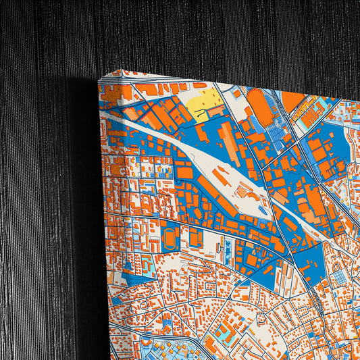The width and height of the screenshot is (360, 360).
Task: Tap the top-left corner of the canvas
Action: pos(99,80)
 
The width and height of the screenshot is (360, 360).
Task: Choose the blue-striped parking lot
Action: pos(276,134)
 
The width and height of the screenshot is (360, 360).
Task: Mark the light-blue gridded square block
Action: pos(341,277)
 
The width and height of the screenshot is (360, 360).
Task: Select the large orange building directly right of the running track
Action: pos(196,238)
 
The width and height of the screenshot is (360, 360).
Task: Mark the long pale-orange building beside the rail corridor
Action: pos(230,141)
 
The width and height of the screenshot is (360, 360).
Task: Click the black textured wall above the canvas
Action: pos(203,34)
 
